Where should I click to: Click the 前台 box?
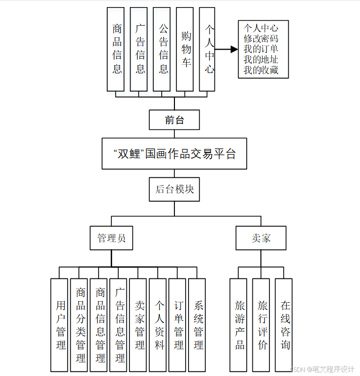[x=174, y=120]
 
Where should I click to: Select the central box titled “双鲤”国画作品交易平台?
[x=174, y=154]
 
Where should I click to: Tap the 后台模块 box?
[x=174, y=190]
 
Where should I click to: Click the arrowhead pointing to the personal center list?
[x=234, y=50]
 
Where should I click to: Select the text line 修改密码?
[x=261, y=38]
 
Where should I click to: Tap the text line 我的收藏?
[x=261, y=70]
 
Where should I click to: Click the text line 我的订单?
[x=261, y=49]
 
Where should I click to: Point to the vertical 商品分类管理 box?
[x=80, y=325]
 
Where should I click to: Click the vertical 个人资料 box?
[x=159, y=325]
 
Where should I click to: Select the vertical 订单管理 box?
[x=178, y=325]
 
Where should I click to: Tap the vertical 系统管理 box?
[x=198, y=325]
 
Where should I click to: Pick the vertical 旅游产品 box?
[x=239, y=325]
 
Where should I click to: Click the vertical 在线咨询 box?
[x=285, y=325]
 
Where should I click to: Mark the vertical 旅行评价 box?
[x=262, y=325]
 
